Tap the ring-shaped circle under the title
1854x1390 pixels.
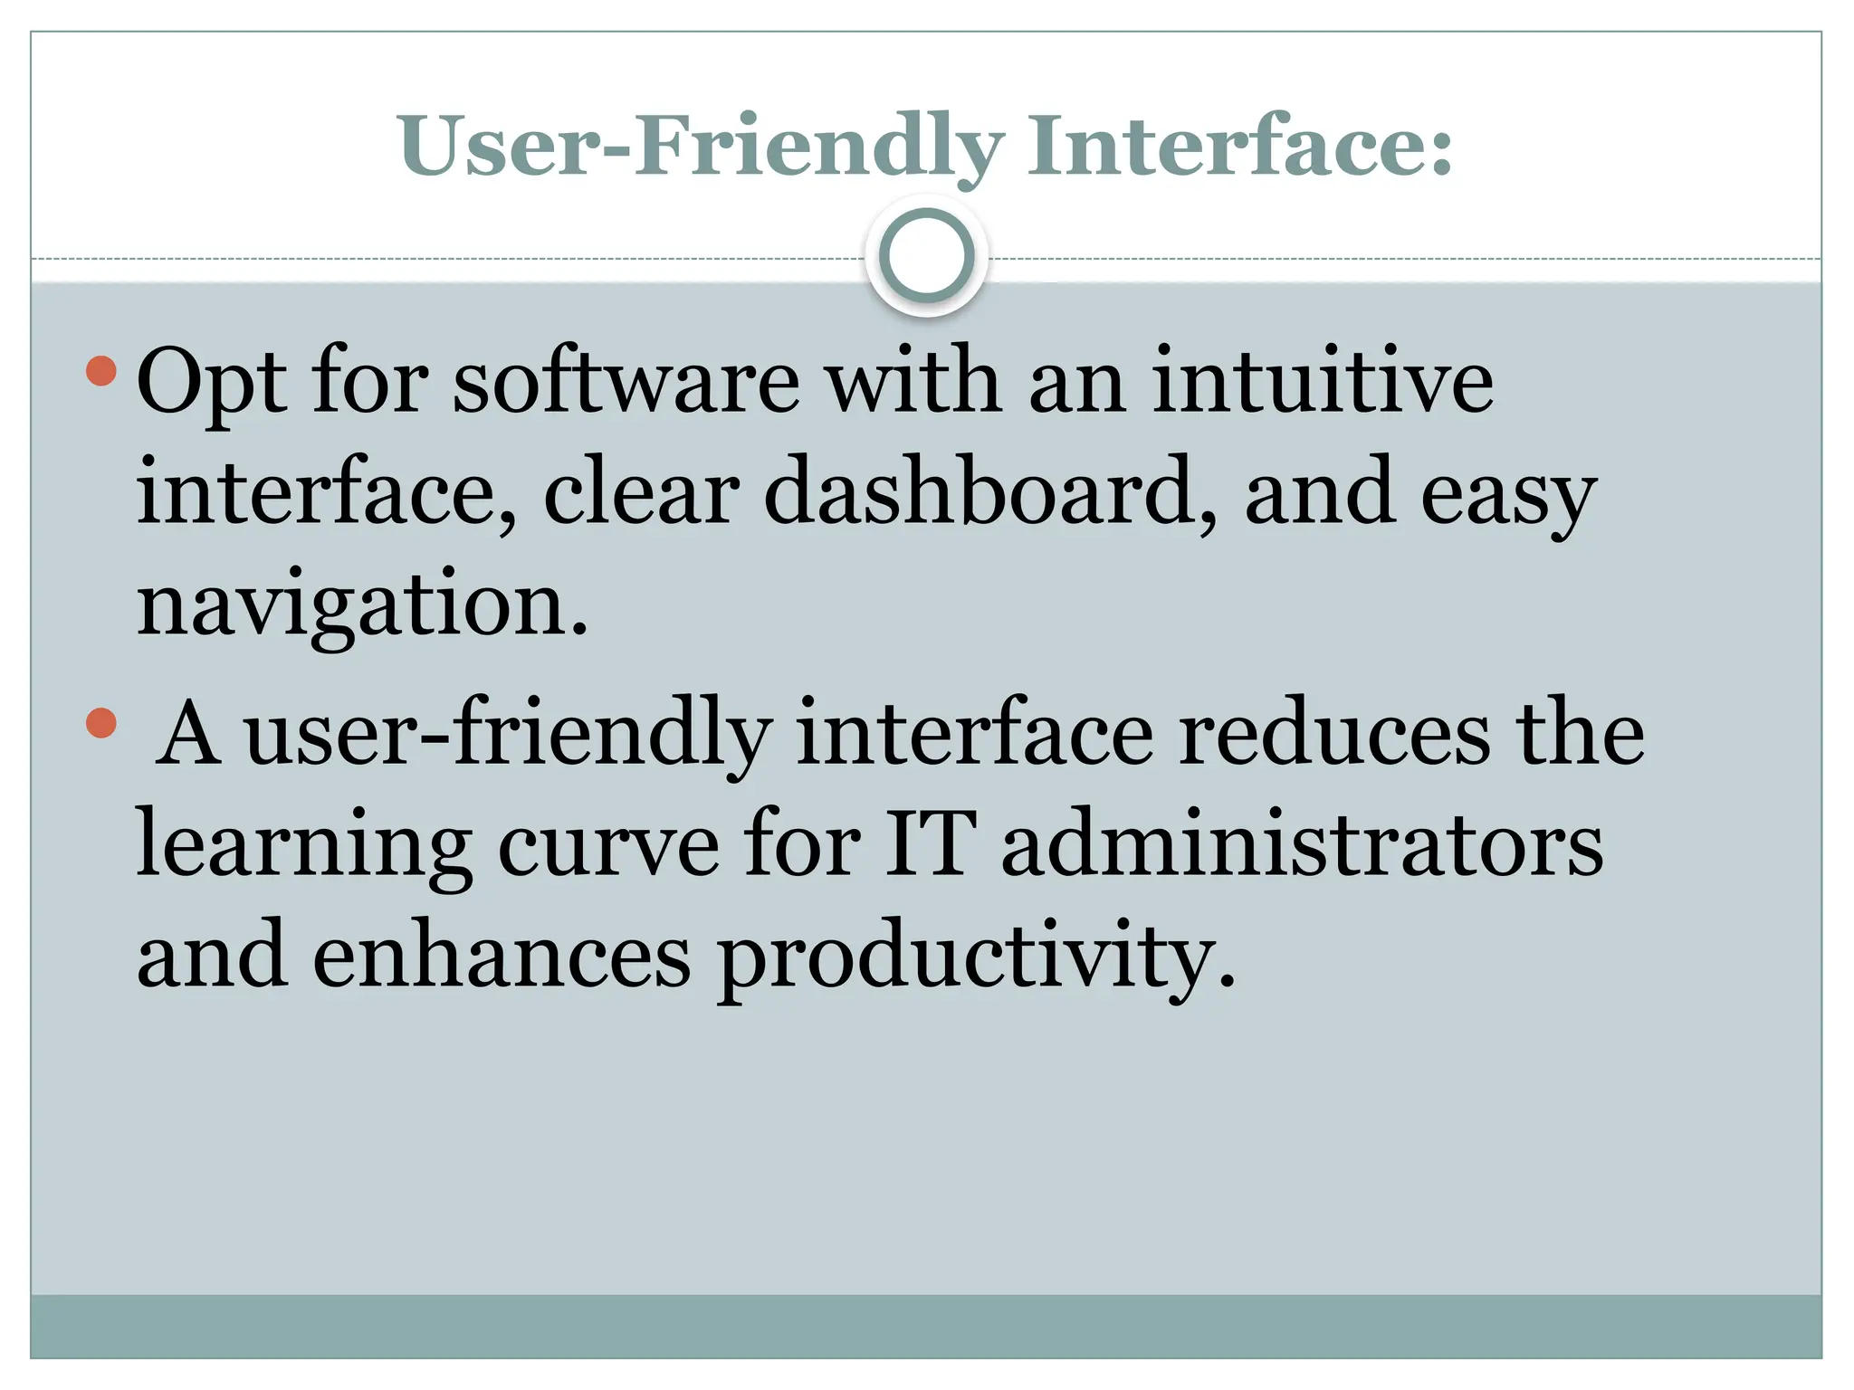click(x=926, y=255)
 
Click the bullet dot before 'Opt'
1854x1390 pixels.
click(x=101, y=370)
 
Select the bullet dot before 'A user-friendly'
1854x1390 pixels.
click(x=101, y=722)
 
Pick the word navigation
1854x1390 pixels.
click(x=362, y=605)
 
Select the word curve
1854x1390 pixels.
click(x=608, y=847)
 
